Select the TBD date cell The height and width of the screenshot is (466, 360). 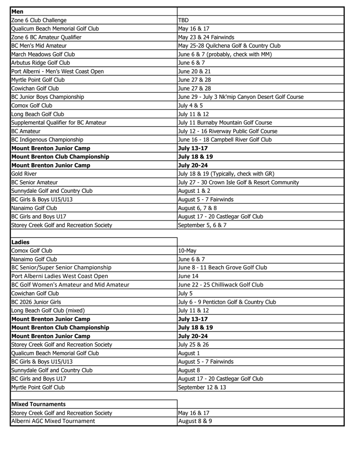pyautogui.click(x=183, y=20)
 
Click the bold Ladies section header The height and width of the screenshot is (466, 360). pyautogui.click(x=20, y=242)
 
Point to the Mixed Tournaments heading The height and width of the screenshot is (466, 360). pyautogui.click(x=38, y=404)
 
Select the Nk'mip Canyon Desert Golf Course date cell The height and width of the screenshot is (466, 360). pyautogui.click(x=241, y=97)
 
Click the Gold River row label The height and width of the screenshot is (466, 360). pyautogui.click(x=24, y=174)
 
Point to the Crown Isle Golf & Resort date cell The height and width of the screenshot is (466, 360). pyautogui.click(x=238, y=182)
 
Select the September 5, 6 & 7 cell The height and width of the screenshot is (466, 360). pyautogui.click(x=202, y=225)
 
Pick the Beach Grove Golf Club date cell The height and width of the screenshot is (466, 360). pyautogui.click(x=223, y=268)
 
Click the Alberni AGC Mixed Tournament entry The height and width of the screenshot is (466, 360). pyautogui.click(x=53, y=421)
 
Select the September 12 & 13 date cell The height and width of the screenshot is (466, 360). pyautogui.click(x=202, y=387)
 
